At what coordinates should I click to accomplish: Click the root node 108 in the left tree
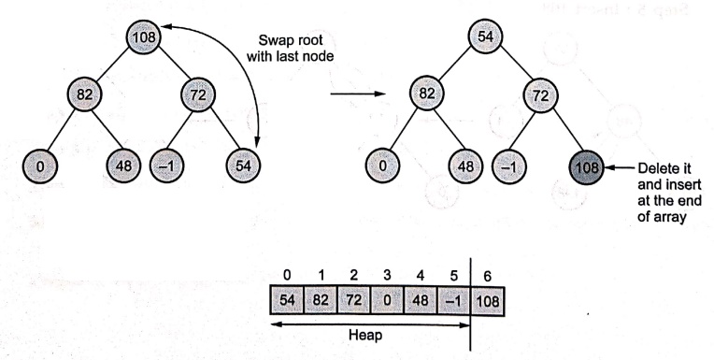tap(144, 36)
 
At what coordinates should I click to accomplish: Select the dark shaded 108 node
tap(587, 167)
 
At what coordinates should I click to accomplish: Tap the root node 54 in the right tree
tap(485, 36)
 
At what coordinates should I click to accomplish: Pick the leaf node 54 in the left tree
tap(244, 165)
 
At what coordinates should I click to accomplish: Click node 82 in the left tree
tap(85, 94)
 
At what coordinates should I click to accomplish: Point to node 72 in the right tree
tap(540, 95)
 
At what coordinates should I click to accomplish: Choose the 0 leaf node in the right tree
tap(382, 166)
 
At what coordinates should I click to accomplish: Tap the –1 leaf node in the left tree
tap(167, 166)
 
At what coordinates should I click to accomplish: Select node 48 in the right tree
tap(465, 166)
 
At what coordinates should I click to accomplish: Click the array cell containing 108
tap(488, 300)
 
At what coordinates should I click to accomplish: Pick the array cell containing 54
tap(287, 300)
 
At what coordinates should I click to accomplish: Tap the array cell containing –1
tap(453, 300)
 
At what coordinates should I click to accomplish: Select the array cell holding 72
tap(354, 300)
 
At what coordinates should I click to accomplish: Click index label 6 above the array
tap(488, 276)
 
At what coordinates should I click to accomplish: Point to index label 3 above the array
tap(387, 275)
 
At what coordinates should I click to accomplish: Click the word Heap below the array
tap(365, 336)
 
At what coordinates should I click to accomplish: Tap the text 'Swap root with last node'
tap(290, 48)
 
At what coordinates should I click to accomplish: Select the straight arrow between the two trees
tap(358, 94)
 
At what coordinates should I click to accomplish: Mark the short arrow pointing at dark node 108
tap(620, 167)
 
